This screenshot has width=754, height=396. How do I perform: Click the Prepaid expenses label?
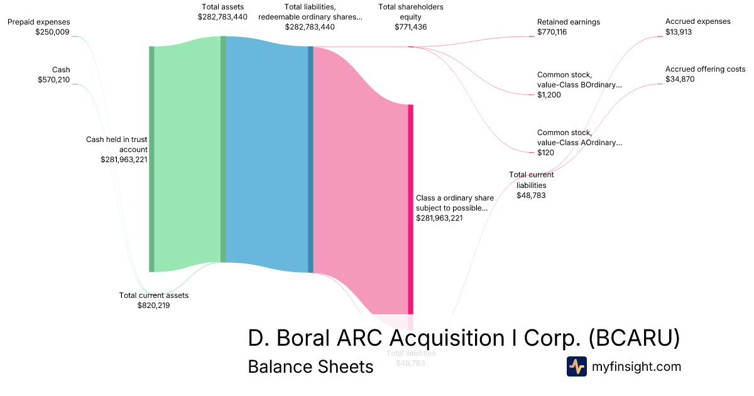tap(39, 22)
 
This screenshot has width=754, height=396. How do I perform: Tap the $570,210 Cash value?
tap(53, 80)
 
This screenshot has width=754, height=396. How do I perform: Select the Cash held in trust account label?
tap(117, 145)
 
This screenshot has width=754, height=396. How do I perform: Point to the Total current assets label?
tap(154, 295)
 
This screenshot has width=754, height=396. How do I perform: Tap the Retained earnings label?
tap(569, 22)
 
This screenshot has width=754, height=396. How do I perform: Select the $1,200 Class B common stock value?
tap(549, 95)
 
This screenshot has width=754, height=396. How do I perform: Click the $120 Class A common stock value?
tap(546, 153)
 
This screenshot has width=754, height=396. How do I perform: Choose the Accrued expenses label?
tap(698, 21)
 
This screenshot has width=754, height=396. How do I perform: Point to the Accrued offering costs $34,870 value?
tap(680, 79)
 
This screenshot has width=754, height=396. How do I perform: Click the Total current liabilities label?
tap(532, 180)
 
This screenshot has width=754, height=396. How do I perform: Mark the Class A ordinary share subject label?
tap(455, 203)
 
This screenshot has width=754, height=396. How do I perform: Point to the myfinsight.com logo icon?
tap(577, 366)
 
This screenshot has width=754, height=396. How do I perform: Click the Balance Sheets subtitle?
tap(310, 366)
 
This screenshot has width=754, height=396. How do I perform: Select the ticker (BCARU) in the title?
tap(634, 338)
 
